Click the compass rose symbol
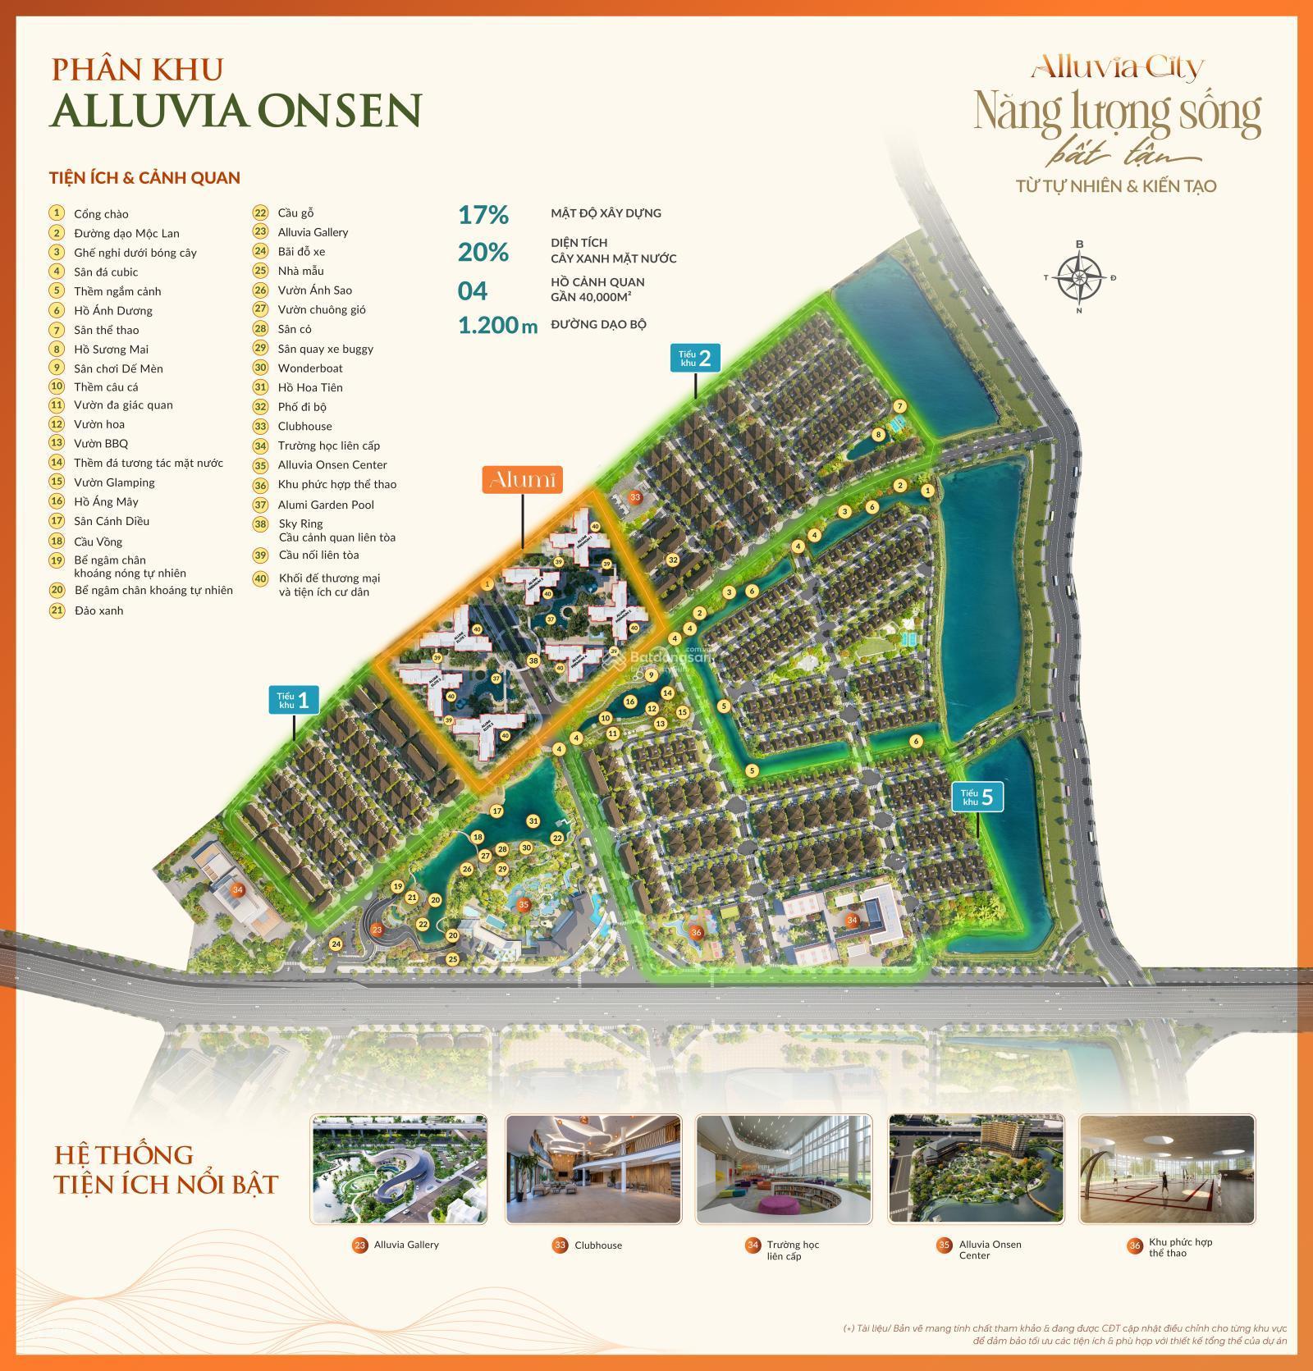(1079, 277)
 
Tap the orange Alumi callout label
(522, 480)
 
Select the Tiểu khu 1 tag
(293, 700)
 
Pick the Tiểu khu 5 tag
(977, 797)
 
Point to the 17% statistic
(483, 215)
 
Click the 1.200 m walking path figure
(497, 326)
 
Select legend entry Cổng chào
(101, 214)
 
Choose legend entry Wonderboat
(309, 368)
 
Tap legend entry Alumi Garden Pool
(325, 505)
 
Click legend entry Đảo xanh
(98, 610)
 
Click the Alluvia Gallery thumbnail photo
(400, 1168)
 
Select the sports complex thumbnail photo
(1166, 1168)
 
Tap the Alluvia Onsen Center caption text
(990, 1250)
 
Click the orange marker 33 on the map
(634, 497)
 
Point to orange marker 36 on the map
(696, 931)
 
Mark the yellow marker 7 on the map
(899, 406)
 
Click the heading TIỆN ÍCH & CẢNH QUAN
(144, 177)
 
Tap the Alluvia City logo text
(1118, 66)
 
